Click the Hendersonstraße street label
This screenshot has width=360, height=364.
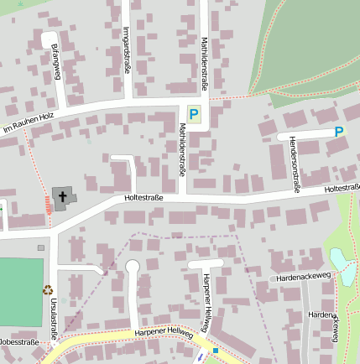(x=294, y=164)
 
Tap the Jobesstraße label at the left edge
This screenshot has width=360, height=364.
(x=18, y=343)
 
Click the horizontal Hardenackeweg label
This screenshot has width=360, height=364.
(x=304, y=276)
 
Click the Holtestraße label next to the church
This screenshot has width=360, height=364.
(x=143, y=198)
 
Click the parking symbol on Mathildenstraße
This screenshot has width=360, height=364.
(x=195, y=114)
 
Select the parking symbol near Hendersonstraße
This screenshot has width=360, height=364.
(x=339, y=132)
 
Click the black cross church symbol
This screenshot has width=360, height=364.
(x=63, y=197)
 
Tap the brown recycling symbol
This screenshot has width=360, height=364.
(x=49, y=289)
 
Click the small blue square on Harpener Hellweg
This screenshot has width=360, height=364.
(x=216, y=350)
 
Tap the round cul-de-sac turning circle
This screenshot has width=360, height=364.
(x=132, y=267)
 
